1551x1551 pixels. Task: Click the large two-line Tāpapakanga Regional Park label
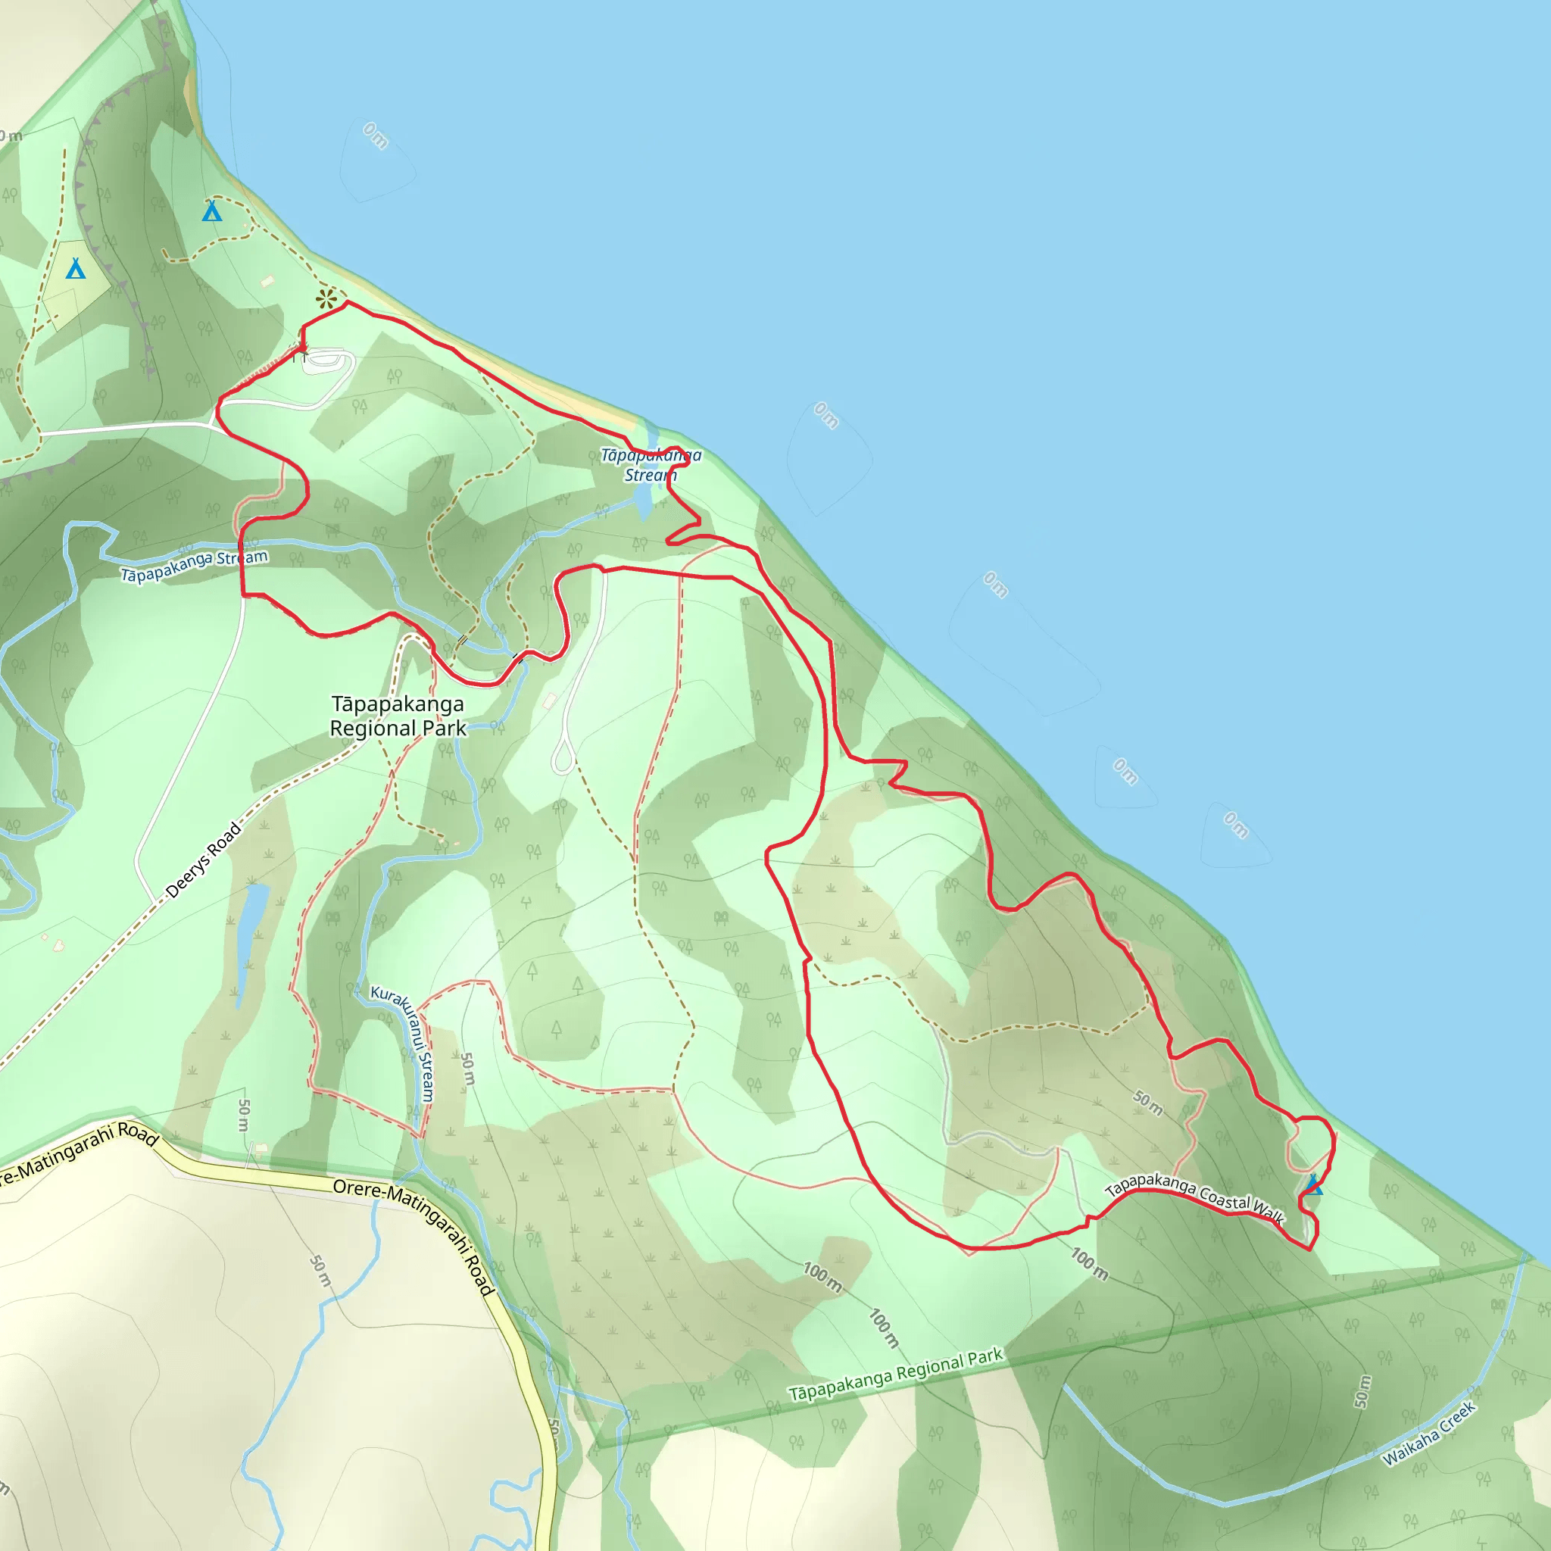coord(398,716)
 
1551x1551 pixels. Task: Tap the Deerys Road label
coord(203,860)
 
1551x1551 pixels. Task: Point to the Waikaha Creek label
coord(1428,1434)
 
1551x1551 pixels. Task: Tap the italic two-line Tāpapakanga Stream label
coord(651,466)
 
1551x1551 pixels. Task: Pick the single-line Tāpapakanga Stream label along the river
coord(195,566)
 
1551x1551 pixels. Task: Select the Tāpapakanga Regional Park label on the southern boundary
coord(895,1375)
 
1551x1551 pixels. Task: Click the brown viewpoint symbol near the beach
coord(326,300)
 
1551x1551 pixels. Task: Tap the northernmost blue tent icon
coord(212,211)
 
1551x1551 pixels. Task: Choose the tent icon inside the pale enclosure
coord(76,268)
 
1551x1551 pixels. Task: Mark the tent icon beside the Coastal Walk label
coord(1312,1185)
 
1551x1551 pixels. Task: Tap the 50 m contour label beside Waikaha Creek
coord(1362,1391)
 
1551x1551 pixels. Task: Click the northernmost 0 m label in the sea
coord(375,136)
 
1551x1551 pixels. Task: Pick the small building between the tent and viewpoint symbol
coord(267,281)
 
